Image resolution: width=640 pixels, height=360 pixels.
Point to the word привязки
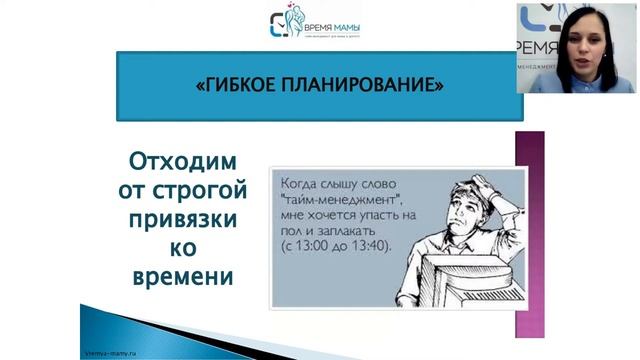tap(182, 217)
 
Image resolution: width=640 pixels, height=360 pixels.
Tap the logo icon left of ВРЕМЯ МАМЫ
tap(282, 23)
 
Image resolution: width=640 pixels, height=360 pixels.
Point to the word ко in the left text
tap(182, 246)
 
